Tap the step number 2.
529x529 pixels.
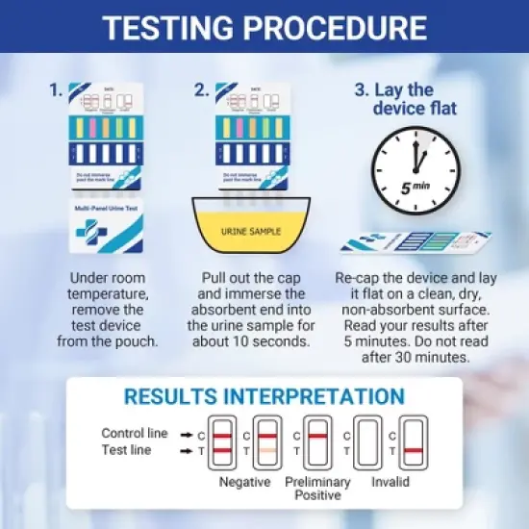(x=201, y=90)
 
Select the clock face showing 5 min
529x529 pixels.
(x=416, y=169)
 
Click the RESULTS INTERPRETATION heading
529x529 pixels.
(x=264, y=396)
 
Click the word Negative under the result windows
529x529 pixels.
(x=244, y=481)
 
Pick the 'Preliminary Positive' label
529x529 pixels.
(x=318, y=488)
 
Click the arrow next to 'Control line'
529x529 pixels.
(x=187, y=435)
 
